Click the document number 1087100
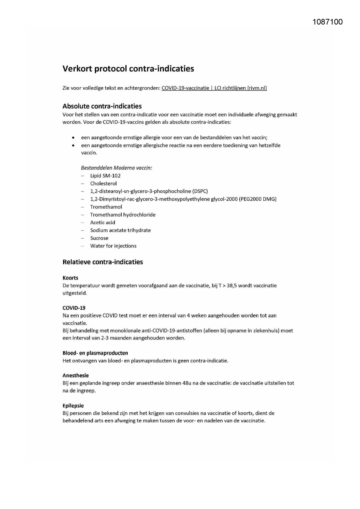328,22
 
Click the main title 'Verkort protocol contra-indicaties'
128,69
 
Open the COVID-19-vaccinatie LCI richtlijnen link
214,88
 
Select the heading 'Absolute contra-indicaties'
102,106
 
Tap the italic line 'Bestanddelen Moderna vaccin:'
116,168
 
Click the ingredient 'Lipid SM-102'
105,176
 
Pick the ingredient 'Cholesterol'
103,183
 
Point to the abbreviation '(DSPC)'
200,191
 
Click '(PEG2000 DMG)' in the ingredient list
258,199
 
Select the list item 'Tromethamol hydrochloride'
123,215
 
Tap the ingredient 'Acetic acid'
103,223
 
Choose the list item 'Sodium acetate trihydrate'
120,230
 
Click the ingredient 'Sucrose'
99,238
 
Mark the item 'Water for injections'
113,246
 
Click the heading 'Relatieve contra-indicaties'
103,262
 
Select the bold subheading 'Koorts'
70,278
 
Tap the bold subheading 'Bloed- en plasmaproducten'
95,353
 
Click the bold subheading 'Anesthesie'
76,376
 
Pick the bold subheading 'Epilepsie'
73,406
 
